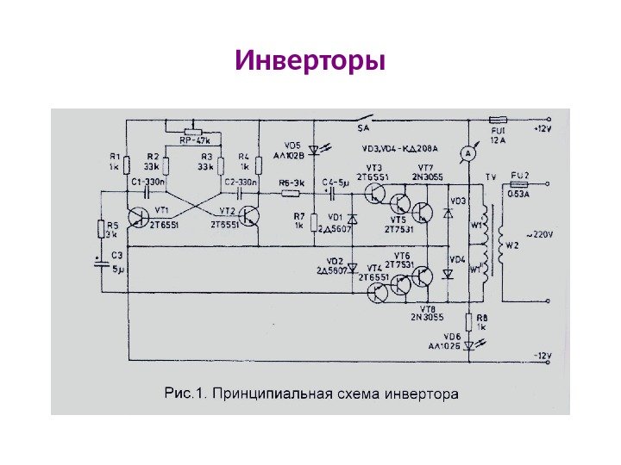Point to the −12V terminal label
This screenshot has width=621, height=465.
click(x=543, y=355)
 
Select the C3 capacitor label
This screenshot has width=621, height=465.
click(x=117, y=256)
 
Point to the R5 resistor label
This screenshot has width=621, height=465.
click(x=110, y=228)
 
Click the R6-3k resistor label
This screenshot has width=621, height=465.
click(x=291, y=183)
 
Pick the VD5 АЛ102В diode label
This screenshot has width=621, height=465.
click(x=292, y=151)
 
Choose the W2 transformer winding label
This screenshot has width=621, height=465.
click(x=512, y=245)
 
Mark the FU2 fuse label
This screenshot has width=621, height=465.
click(x=521, y=175)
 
